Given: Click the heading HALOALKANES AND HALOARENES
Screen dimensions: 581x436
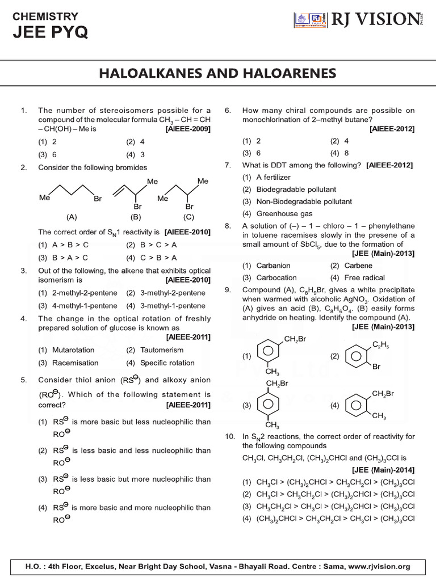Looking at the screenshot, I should [x=218, y=73].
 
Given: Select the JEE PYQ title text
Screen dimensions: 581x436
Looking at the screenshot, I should [x=51, y=33].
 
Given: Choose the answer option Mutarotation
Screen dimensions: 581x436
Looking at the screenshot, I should [x=73, y=350].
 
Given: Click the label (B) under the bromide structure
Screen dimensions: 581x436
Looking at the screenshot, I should [x=135, y=217].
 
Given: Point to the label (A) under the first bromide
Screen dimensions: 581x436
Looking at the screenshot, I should [x=72, y=217].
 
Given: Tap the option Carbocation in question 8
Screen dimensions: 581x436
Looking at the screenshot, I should [x=276, y=277].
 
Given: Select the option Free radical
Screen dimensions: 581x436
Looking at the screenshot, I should [x=364, y=277].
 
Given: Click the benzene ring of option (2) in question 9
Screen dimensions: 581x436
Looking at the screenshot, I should [x=355, y=357].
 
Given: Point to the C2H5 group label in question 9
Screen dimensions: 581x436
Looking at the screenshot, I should [x=379, y=344].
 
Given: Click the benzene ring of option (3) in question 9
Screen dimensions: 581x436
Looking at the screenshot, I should [x=266, y=405].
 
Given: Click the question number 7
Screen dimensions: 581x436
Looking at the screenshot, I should [x=227, y=165].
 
